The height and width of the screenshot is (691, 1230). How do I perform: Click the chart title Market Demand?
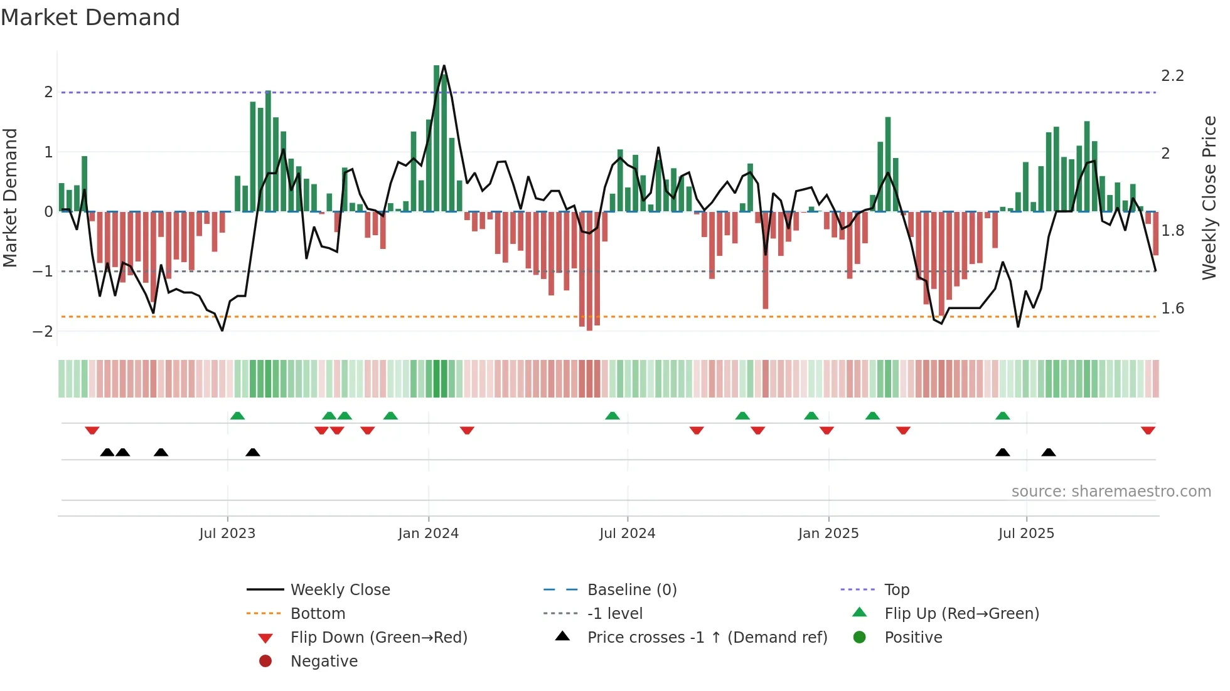click(x=90, y=18)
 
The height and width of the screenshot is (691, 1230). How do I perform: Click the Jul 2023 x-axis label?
click(x=227, y=534)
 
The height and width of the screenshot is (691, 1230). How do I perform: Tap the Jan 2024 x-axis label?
click(x=428, y=534)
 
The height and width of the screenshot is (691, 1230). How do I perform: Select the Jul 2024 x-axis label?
click(x=627, y=534)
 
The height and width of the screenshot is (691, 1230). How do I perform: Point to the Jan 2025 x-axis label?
click(x=828, y=534)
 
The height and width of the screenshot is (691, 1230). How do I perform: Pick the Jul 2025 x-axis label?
click(x=1026, y=534)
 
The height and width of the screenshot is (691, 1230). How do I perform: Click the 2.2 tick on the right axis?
click(x=1172, y=76)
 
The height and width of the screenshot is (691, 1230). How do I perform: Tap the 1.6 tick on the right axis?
click(x=1172, y=309)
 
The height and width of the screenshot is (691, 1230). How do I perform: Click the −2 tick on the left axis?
click(x=43, y=331)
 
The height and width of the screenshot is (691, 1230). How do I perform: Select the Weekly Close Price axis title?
click(x=1209, y=198)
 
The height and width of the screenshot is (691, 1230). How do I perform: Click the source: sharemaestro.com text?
click(x=1111, y=492)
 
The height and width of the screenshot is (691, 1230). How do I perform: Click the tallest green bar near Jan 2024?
click(x=437, y=138)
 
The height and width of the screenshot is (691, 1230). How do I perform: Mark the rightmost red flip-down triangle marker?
click(x=1148, y=431)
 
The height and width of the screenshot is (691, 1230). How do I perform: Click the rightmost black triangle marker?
click(x=1049, y=452)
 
